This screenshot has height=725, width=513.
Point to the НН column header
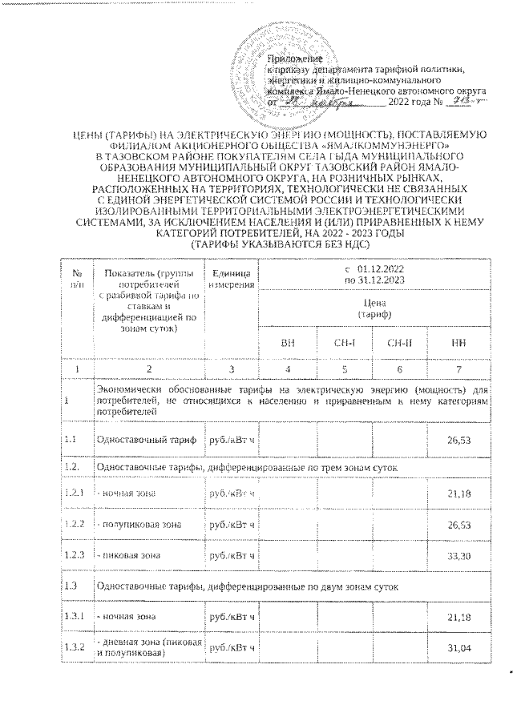point(455,342)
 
